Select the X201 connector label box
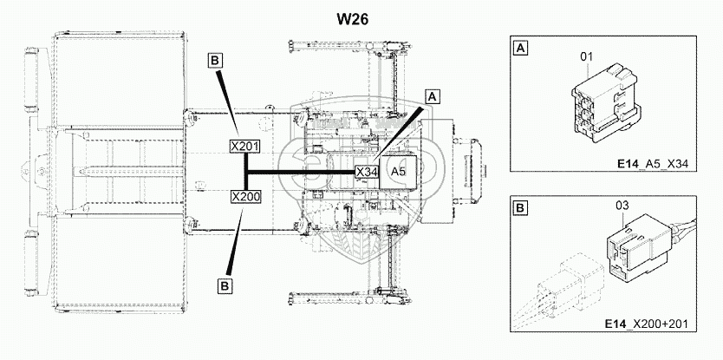coord(245,146)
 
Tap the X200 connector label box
coord(245,197)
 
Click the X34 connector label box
coord(367,172)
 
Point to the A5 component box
coord(400,172)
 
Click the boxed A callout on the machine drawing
coord(434,96)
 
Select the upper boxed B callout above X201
coord(216,60)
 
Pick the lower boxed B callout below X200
coord(224,283)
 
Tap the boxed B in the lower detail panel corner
coord(520,208)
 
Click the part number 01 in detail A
coord(585,57)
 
